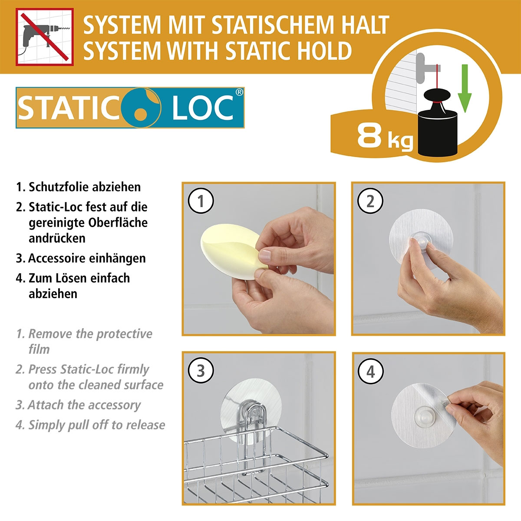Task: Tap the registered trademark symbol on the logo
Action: [x=239, y=92]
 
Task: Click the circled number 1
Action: [x=201, y=201]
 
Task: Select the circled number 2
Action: [x=370, y=201]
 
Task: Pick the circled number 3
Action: [x=201, y=371]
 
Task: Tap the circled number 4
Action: [x=370, y=372]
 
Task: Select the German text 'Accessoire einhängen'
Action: [x=87, y=258]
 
